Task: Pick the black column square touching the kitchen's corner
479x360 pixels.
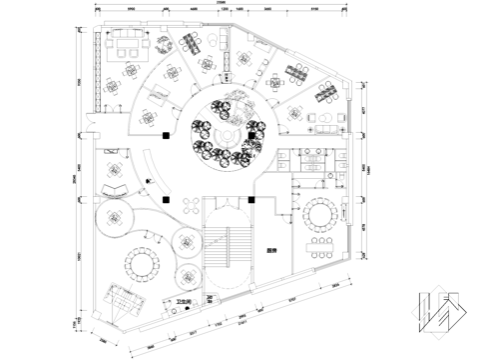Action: (x=254, y=199)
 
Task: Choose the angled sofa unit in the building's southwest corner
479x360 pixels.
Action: (x=125, y=296)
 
